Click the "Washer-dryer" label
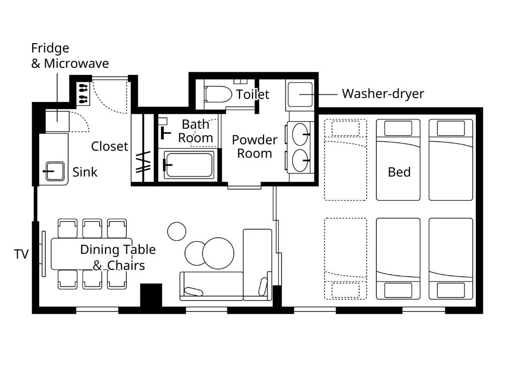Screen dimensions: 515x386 click(383, 94)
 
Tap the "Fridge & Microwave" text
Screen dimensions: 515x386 click(70, 56)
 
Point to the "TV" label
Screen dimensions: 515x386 click(21, 254)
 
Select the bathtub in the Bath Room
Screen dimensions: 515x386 click(189, 164)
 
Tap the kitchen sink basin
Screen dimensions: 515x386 click(55, 171)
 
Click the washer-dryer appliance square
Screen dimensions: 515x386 click(300, 94)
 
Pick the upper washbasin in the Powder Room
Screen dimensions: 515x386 click(300, 134)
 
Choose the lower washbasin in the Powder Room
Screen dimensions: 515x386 click(300, 160)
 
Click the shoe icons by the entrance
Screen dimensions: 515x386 click(83, 93)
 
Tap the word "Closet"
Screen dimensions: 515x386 click(109, 146)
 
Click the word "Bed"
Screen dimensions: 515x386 click(399, 172)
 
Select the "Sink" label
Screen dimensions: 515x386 click(84, 172)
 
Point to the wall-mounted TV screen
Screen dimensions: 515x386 click(43, 254)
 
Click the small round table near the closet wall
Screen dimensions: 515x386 click(177, 231)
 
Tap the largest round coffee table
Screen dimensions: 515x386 click(218, 253)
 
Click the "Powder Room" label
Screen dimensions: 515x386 click(254, 147)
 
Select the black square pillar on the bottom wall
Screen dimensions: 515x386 click(151, 295)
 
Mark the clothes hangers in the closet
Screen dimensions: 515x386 click(143, 162)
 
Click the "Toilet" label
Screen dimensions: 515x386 click(252, 94)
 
